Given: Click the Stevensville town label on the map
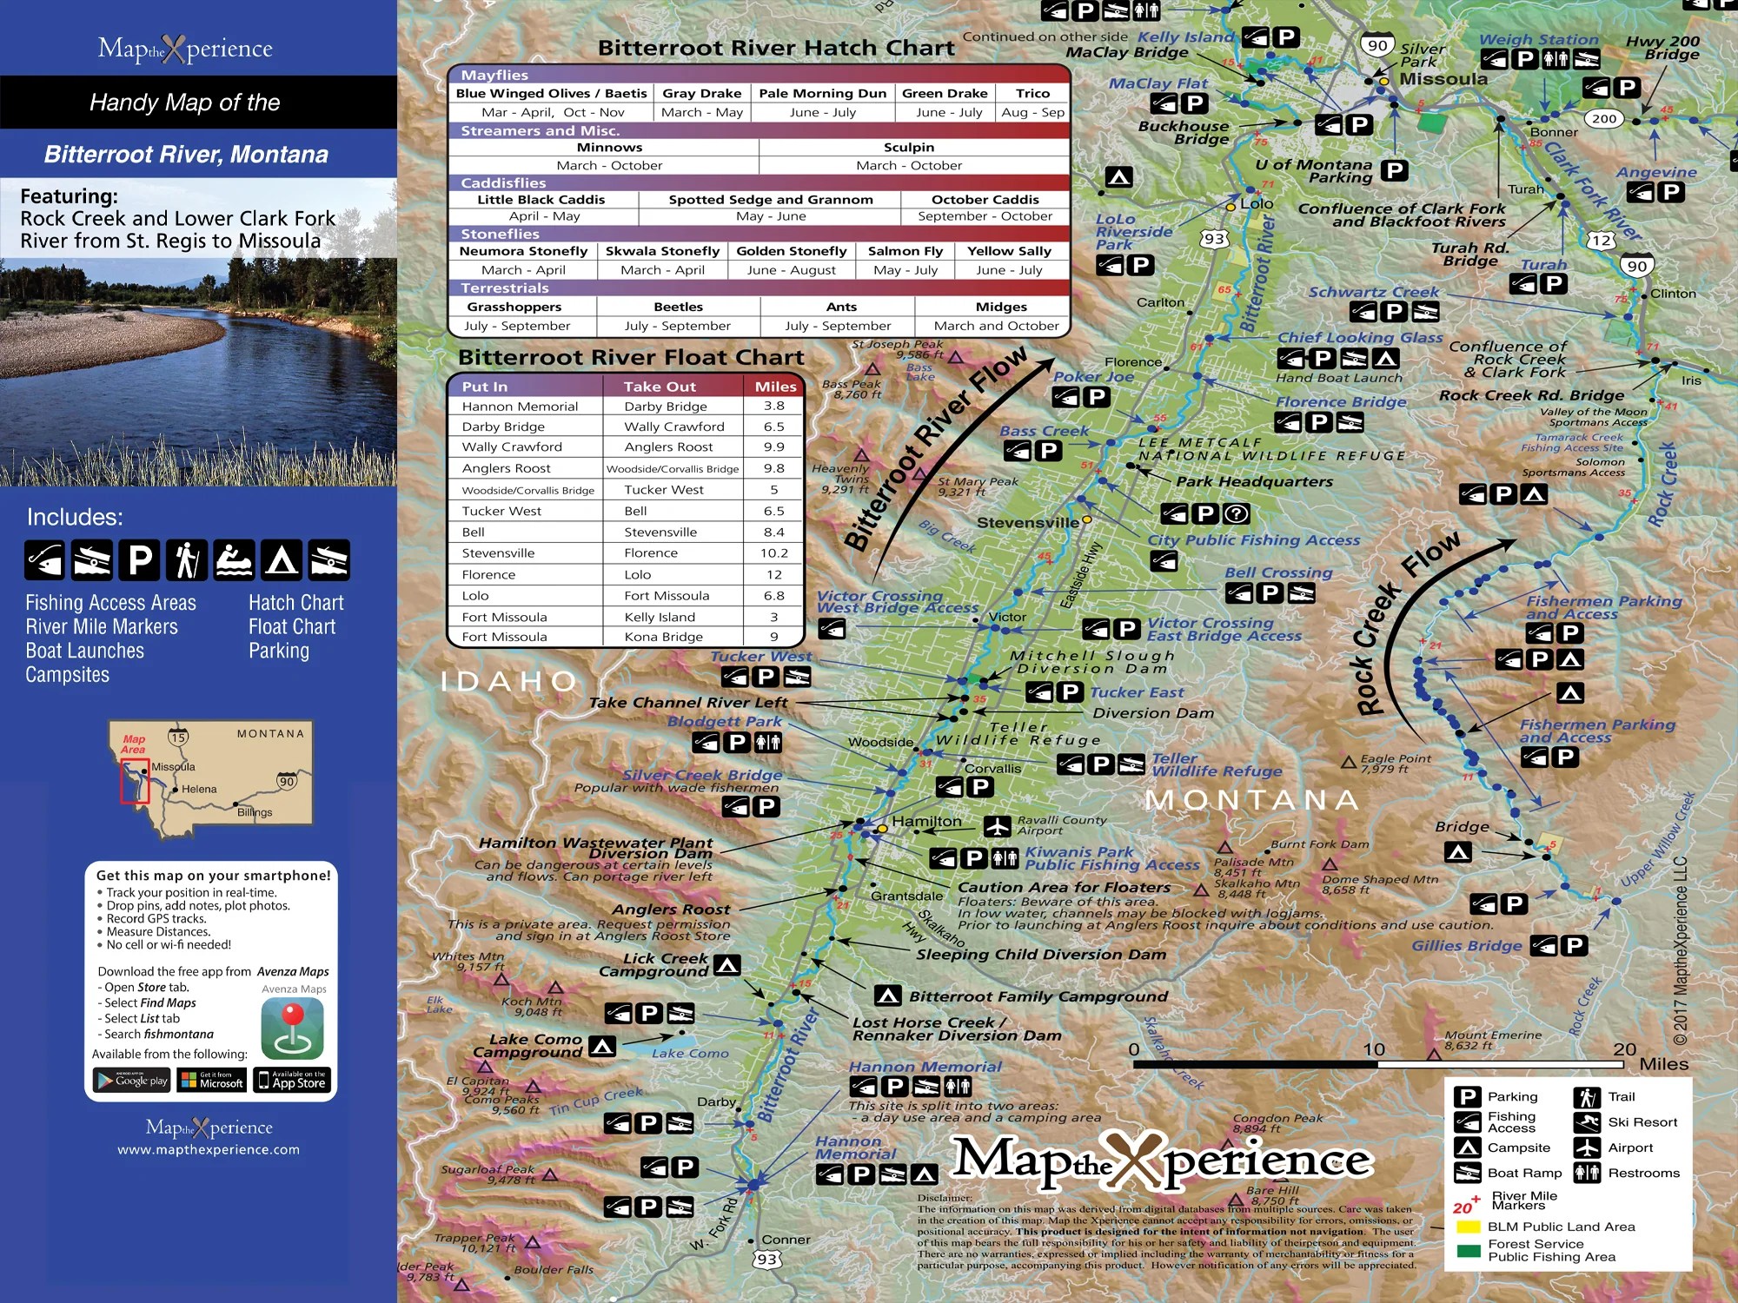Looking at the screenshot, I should pyautogui.click(x=1028, y=523).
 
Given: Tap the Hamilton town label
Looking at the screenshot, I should pyautogui.click(x=926, y=822).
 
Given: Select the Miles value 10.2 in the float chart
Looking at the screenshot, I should pyautogui.click(x=773, y=553).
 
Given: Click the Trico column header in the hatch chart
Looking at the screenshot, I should pyautogui.click(x=1032, y=94).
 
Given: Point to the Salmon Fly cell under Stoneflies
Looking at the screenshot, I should pyautogui.click(x=905, y=251).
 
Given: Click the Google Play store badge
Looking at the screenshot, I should pyautogui.click(x=132, y=1081).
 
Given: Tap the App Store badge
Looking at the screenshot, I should pyautogui.click(x=292, y=1081).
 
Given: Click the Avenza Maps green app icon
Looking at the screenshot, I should pyautogui.click(x=293, y=1029).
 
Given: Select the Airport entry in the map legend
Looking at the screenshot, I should pyautogui.click(x=1629, y=1148).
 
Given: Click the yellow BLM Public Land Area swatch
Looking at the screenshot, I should pyautogui.click(x=1468, y=1227).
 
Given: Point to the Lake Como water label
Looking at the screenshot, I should pyautogui.click(x=690, y=1054).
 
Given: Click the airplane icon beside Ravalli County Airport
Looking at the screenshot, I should pyautogui.click(x=997, y=826).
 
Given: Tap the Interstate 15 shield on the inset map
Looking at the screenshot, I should pyautogui.click(x=178, y=738).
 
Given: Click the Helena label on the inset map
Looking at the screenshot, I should pyautogui.click(x=199, y=790).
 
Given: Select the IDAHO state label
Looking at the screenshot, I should pyautogui.click(x=509, y=682).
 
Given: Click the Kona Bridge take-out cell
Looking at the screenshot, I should pyautogui.click(x=664, y=637).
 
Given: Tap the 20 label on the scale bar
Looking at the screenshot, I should pyautogui.click(x=1624, y=1049).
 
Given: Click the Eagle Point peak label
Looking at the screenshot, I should pyautogui.click(x=1396, y=759).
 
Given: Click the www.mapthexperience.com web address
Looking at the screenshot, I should pyautogui.click(x=209, y=1150).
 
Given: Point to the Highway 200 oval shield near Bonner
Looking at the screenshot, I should pyautogui.click(x=1604, y=119).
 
